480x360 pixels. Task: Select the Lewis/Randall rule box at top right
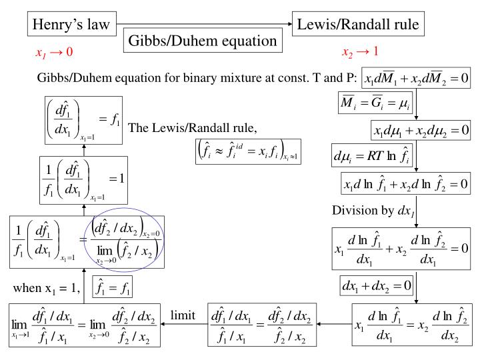pos(358,25)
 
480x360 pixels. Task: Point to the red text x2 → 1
pos(360,52)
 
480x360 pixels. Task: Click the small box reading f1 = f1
pos(115,288)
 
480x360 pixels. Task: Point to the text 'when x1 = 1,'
pos(48,289)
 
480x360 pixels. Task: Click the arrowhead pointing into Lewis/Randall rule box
pos(289,25)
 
